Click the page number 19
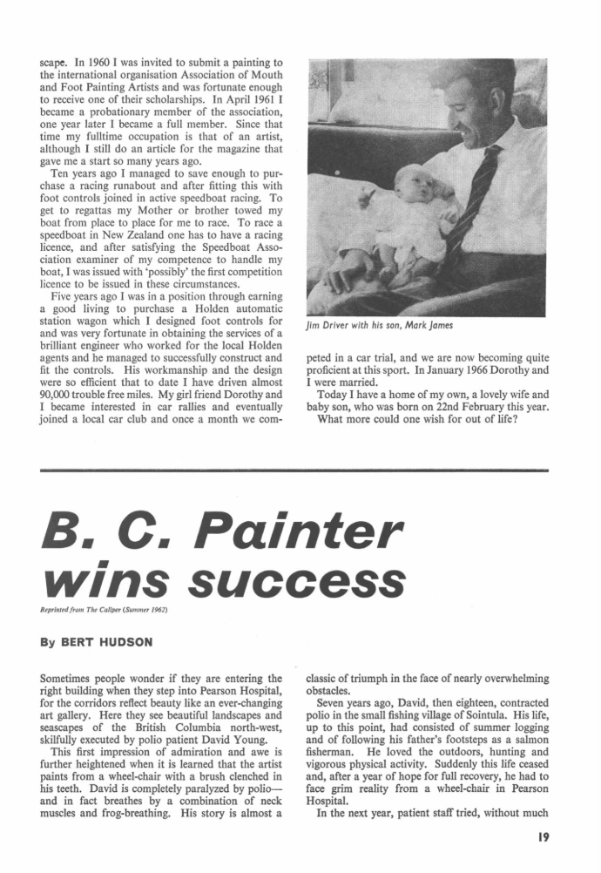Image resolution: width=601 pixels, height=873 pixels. [x=544, y=842]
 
